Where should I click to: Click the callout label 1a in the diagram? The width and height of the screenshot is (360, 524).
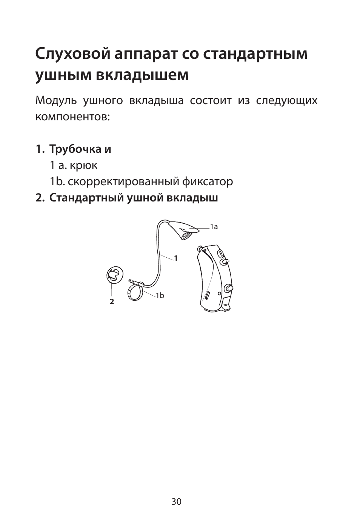click(214, 227)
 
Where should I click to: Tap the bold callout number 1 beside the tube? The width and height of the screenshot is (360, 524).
click(175, 258)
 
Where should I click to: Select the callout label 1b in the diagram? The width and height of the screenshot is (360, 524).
click(160, 296)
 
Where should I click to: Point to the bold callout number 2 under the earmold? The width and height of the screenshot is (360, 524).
click(112, 301)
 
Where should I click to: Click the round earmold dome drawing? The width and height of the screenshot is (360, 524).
click(115, 275)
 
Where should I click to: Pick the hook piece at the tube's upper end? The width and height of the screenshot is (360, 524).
click(186, 230)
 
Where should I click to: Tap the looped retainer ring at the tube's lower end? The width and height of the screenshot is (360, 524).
click(135, 291)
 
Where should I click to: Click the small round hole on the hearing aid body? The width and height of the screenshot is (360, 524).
click(219, 294)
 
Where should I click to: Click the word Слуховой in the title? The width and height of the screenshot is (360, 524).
click(73, 54)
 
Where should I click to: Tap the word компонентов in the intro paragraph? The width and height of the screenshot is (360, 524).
click(72, 117)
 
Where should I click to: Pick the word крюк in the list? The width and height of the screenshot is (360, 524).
click(83, 165)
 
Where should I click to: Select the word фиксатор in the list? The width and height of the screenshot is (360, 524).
click(208, 182)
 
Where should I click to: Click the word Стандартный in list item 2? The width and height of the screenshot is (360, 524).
click(86, 198)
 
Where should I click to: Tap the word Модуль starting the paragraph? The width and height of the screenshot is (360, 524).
click(56, 101)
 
